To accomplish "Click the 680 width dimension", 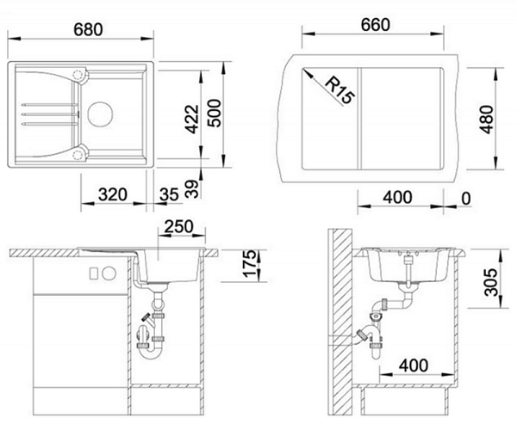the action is coord(88,29).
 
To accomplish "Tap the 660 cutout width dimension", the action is coord(375,25).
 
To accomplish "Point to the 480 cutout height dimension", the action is coord(487,119).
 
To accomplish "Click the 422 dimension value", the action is coord(191,119).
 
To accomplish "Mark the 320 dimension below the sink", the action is coord(112,194).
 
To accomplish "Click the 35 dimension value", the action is coord(169,194).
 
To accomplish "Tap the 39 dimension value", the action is coord(192,188).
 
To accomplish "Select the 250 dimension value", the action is coord(178,226).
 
